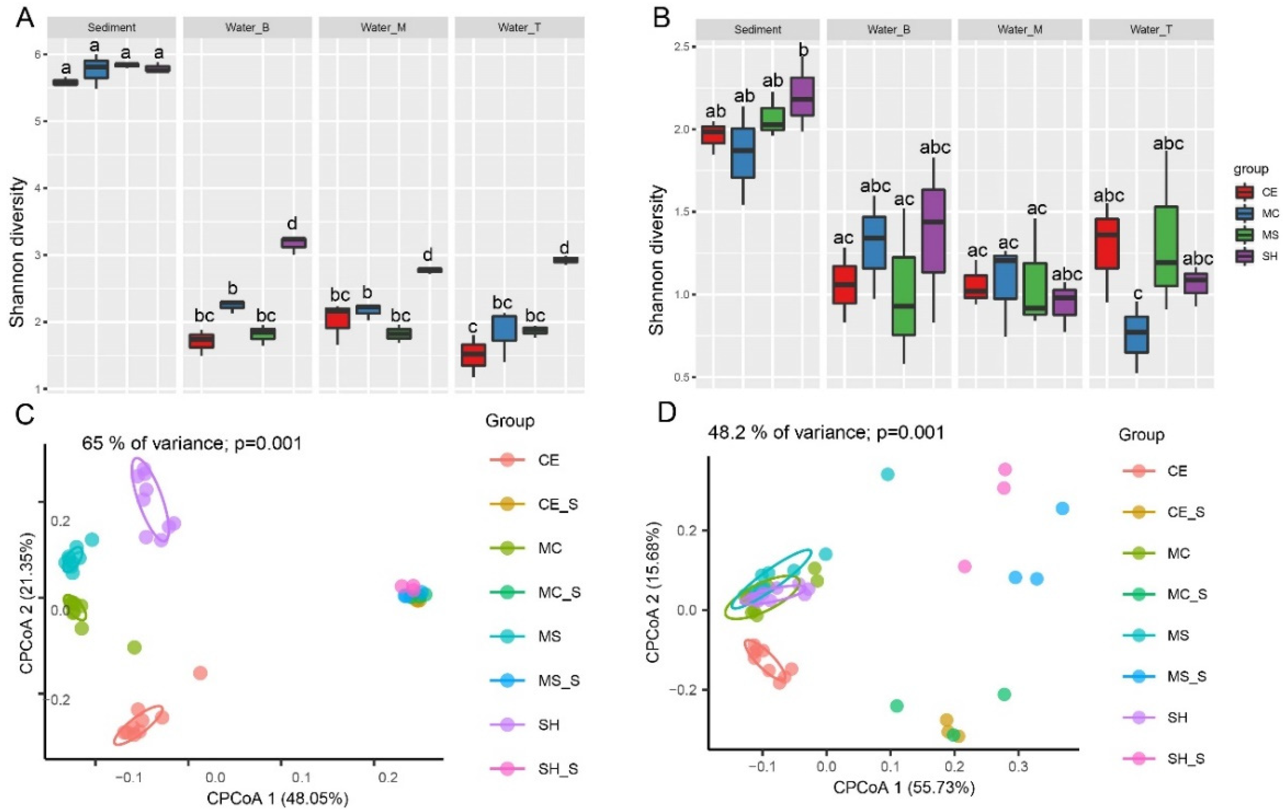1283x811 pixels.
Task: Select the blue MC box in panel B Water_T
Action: tap(1136, 335)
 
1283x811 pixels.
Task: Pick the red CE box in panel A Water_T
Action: tap(473, 355)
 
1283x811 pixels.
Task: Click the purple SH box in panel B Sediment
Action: tap(804, 96)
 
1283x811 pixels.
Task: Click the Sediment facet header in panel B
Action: tap(758, 29)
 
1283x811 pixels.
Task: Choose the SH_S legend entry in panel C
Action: tap(534, 768)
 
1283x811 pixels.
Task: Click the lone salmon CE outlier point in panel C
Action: tap(201, 673)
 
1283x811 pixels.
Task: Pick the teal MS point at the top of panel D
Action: tap(887, 474)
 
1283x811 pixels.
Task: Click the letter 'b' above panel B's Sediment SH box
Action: tap(804, 50)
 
